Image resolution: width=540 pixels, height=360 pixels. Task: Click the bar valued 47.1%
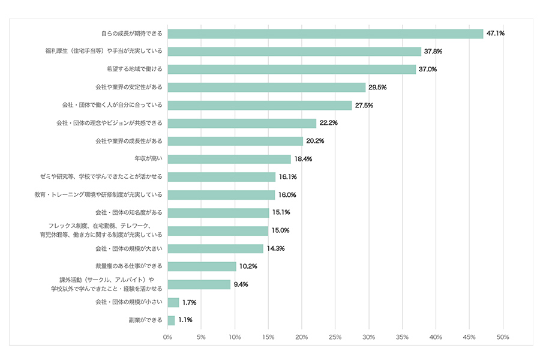pyautogui.click(x=325, y=34)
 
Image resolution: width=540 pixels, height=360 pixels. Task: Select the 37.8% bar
pyautogui.click(x=294, y=52)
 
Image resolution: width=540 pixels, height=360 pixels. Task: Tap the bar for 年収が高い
pyautogui.click(x=229, y=159)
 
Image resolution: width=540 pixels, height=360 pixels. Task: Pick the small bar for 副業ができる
pyautogui.click(x=171, y=320)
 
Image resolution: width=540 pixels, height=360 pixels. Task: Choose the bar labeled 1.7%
pyautogui.click(x=173, y=302)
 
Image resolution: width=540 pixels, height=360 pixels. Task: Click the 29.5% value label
pyautogui.click(x=377, y=88)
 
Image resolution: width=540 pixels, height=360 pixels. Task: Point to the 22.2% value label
pyautogui.click(x=329, y=123)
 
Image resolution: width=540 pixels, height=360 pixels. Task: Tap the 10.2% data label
pyautogui.click(x=248, y=266)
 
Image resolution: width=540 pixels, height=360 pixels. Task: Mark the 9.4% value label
pyautogui.click(x=241, y=284)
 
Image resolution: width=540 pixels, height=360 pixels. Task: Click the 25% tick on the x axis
pyautogui.click(x=335, y=337)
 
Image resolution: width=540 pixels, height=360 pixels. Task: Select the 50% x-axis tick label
pyautogui.click(x=502, y=337)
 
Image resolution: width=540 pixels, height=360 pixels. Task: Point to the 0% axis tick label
pyautogui.click(x=167, y=337)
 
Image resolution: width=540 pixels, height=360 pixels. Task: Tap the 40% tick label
pyautogui.click(x=436, y=337)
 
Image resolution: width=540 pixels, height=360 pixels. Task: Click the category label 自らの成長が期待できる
pyautogui.click(x=131, y=34)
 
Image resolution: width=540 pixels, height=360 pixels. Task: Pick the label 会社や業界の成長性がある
pyautogui.click(x=129, y=141)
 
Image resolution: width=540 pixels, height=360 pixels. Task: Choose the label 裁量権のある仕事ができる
pyautogui.click(x=129, y=266)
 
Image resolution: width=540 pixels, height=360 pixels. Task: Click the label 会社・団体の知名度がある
pyautogui.click(x=129, y=212)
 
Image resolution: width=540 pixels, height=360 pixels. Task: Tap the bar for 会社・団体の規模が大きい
pyautogui.click(x=215, y=248)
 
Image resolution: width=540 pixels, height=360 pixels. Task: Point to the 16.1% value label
pyautogui.click(x=288, y=177)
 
